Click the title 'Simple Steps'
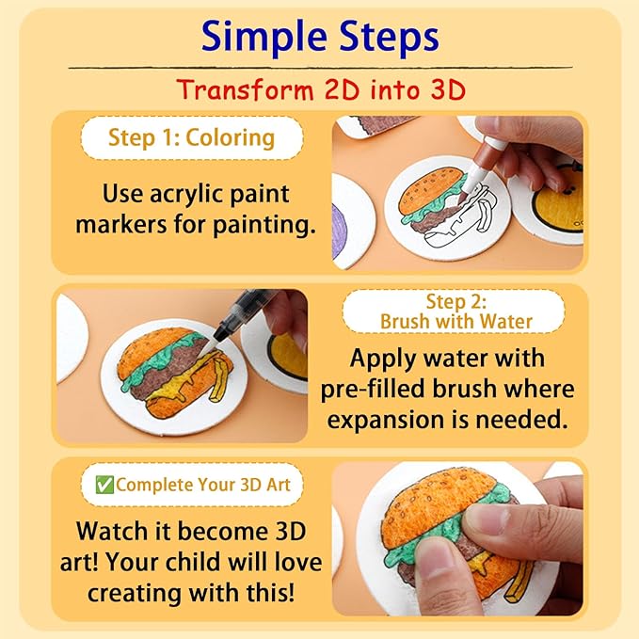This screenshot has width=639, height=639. tap(320, 38)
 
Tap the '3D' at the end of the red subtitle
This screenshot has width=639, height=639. tap(448, 90)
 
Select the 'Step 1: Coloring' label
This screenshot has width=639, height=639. tap(192, 137)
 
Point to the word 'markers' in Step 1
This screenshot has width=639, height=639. tap(121, 224)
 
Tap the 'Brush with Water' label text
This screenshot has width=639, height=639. tap(456, 322)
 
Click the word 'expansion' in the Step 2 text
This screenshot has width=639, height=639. tap(386, 420)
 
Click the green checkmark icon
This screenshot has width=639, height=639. tap(104, 485)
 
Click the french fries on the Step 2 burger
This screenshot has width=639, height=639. tap(218, 377)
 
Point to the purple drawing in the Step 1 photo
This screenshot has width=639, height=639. tap(340, 232)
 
